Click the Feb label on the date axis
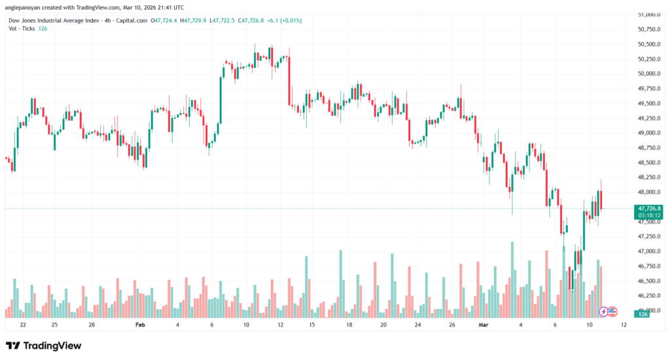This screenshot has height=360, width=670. click(140, 324)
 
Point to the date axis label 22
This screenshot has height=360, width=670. click(24, 324)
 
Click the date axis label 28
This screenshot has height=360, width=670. click(92, 324)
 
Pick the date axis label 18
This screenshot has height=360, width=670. click(349, 324)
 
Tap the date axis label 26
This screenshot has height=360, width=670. click(452, 324)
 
